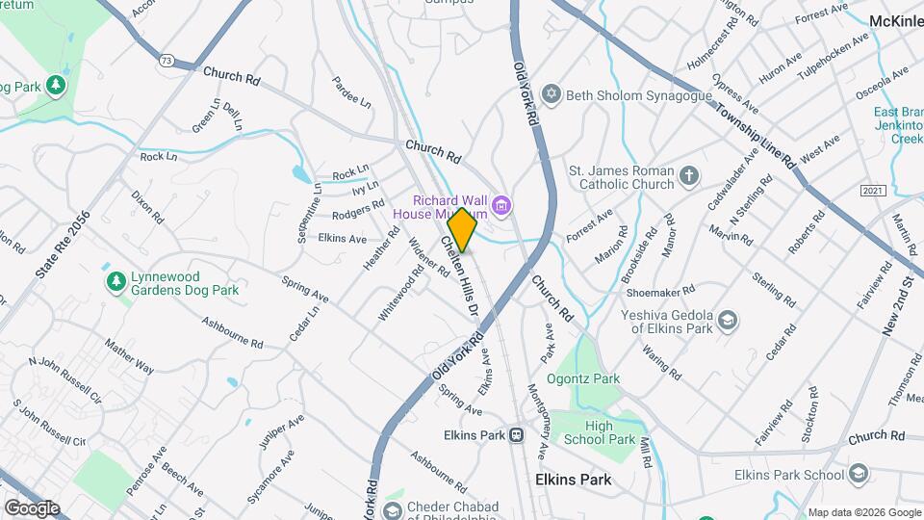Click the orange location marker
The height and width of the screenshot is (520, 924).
tap(462, 230)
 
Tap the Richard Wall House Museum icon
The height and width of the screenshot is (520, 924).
tap(500, 204)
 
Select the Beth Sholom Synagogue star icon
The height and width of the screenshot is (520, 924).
tap(552, 94)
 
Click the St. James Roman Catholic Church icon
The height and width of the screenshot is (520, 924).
tap(688, 175)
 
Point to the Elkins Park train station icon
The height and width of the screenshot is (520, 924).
tap(518, 434)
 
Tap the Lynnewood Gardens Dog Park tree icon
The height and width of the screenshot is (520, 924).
tap(115, 280)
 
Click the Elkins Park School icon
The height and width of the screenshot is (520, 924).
tap(859, 474)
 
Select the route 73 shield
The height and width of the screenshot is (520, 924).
tap(167, 60)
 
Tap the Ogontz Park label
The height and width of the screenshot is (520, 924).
tap(583, 378)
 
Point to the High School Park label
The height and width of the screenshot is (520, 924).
tap(611, 432)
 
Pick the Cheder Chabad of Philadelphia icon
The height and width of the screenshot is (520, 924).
tap(393, 508)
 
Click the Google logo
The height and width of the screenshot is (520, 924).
tap(32, 507)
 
